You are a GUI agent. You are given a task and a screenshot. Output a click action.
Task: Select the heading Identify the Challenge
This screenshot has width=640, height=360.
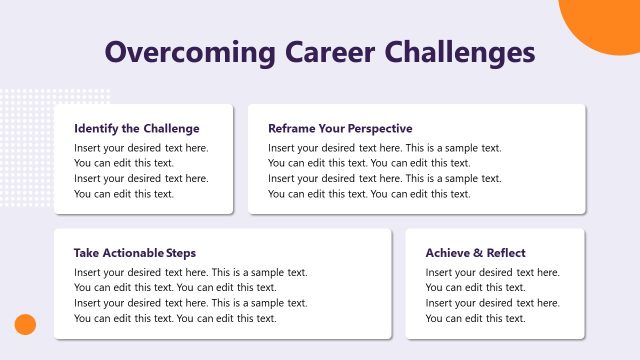[x=137, y=129]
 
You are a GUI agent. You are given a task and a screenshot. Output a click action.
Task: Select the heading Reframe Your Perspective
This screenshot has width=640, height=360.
[x=340, y=129]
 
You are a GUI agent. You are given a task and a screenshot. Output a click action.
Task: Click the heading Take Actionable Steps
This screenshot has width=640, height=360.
[x=135, y=253]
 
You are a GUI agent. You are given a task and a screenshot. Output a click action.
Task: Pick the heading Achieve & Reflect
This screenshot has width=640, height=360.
[x=475, y=253]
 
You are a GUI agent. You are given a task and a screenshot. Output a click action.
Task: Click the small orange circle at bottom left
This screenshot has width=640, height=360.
[x=25, y=324]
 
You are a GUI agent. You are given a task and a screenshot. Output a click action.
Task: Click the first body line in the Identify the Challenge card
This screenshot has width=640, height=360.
[x=141, y=148]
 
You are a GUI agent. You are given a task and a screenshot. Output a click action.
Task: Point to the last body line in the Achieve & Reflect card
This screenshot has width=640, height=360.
[x=475, y=318]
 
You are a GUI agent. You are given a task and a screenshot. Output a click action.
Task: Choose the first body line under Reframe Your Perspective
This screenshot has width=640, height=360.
[x=385, y=148]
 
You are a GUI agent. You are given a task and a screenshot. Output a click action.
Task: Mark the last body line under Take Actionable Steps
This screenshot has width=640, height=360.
[x=175, y=318]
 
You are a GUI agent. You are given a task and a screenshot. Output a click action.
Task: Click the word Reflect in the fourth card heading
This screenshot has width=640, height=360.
[x=506, y=253]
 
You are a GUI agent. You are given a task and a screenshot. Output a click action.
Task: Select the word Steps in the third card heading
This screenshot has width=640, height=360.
[x=181, y=253]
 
